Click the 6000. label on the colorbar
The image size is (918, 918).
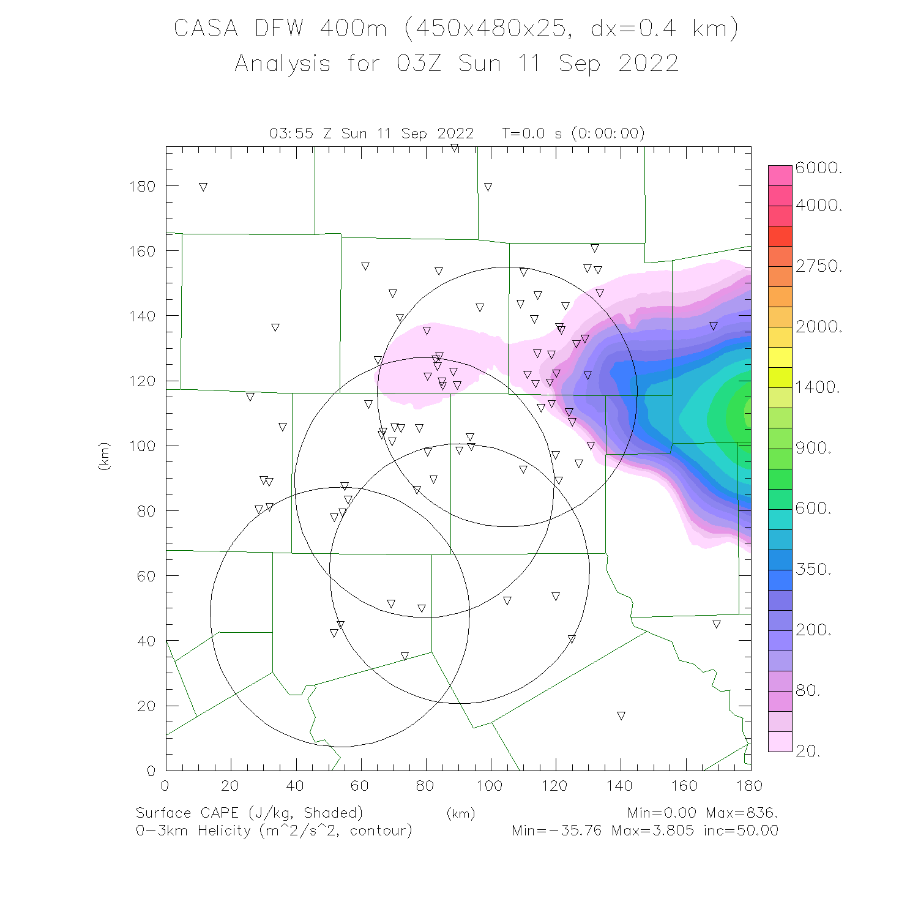point(819,168)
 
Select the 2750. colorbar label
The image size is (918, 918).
point(819,266)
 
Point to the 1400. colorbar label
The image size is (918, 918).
point(818,387)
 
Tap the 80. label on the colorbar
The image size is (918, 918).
point(808,690)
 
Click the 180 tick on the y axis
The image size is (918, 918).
point(143,186)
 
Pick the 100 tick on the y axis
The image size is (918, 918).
point(143,446)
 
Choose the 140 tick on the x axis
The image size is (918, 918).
point(619,786)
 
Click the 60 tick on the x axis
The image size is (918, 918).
point(360,786)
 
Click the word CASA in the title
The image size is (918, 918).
point(206,28)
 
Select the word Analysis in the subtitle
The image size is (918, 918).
point(283,63)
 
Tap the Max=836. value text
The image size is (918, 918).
point(742,813)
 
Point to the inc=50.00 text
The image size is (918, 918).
point(741,830)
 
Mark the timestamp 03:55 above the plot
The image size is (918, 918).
point(291,133)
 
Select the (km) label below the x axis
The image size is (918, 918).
point(461,813)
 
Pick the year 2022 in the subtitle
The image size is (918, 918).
point(648,63)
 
